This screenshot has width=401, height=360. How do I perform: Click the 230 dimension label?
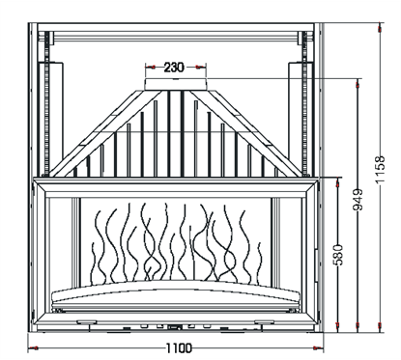pyautogui.click(x=175, y=68)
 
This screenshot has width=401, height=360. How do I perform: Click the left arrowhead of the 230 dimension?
pyautogui.click(x=148, y=68)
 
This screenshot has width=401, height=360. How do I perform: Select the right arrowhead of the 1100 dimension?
pyautogui.click(x=318, y=346)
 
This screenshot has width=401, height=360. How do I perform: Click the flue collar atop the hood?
pyautogui.click(x=175, y=86)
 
